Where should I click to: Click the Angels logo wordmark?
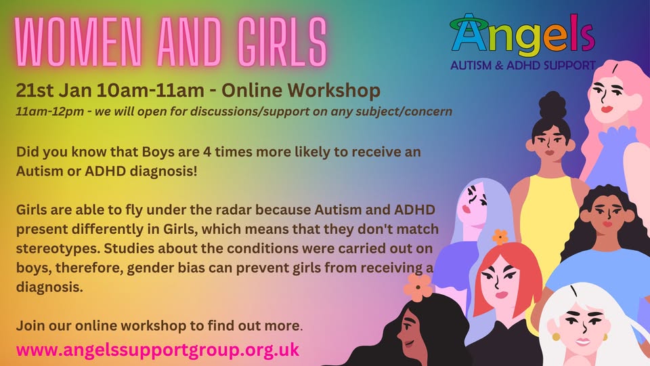click(x=523, y=35)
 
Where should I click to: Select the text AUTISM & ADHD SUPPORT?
click(x=523, y=65)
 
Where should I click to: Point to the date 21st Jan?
click(x=54, y=90)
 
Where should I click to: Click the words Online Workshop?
click(x=301, y=90)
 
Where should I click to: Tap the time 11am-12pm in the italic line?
click(x=50, y=112)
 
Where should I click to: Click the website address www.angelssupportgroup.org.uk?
click(x=158, y=350)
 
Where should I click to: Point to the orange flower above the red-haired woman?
click(x=500, y=237)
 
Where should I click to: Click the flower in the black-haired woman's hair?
click(x=418, y=287)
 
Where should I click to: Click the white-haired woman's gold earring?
click(x=556, y=336)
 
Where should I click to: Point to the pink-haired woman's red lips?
click(x=607, y=109)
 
